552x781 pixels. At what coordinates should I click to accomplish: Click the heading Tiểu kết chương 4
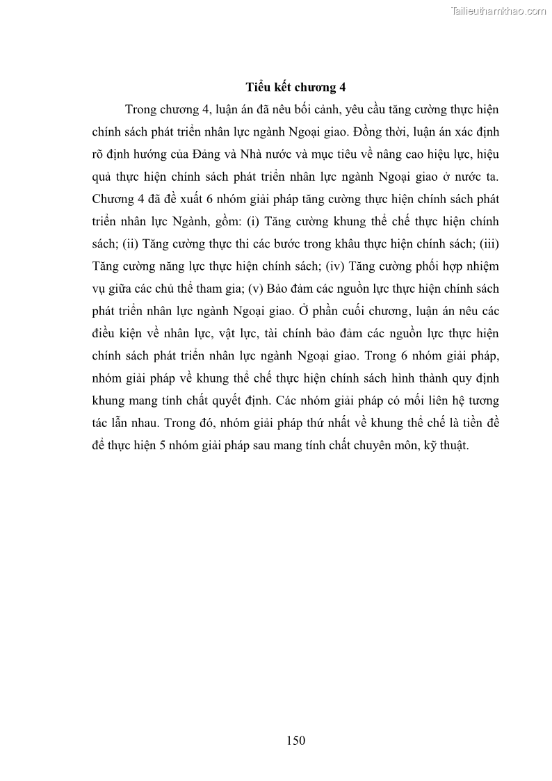(295, 88)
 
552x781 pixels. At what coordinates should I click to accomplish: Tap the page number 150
(295, 740)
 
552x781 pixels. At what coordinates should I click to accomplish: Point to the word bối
(293, 110)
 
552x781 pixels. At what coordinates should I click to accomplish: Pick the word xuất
(185, 199)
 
